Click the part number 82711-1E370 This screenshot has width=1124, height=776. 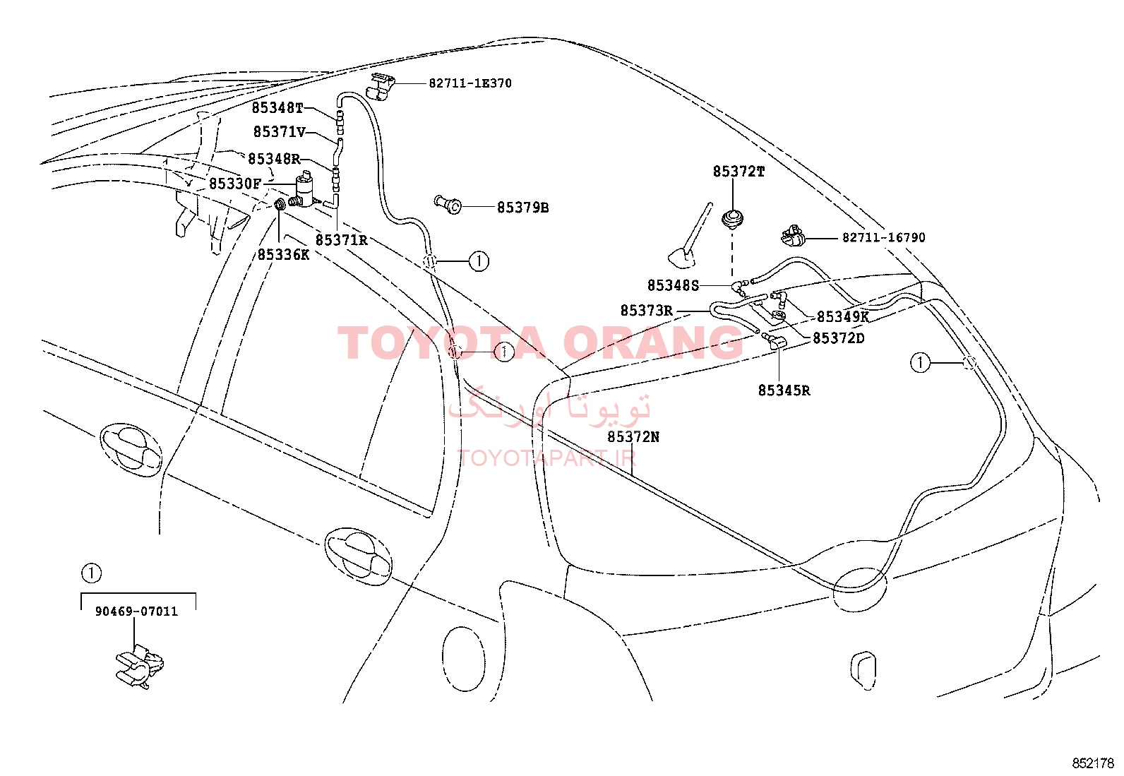click(470, 83)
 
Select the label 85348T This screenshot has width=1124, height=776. click(277, 108)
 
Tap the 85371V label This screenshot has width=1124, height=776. click(280, 132)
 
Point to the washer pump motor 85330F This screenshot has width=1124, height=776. click(304, 189)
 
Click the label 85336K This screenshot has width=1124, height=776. click(284, 255)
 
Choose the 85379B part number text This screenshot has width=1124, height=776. click(523, 208)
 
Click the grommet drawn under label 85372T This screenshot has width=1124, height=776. click(732, 220)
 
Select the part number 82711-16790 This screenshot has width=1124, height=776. click(884, 237)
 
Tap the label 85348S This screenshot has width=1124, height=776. click(673, 285)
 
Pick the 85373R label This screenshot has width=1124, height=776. click(646, 311)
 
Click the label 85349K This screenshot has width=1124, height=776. click(843, 317)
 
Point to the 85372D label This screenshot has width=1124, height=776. click(839, 338)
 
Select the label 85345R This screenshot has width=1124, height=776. click(784, 390)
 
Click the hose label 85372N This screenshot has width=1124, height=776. click(633, 437)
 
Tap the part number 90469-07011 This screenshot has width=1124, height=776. click(136, 611)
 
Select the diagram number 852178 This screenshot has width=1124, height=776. click(1093, 763)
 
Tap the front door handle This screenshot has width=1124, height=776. click(131, 450)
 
